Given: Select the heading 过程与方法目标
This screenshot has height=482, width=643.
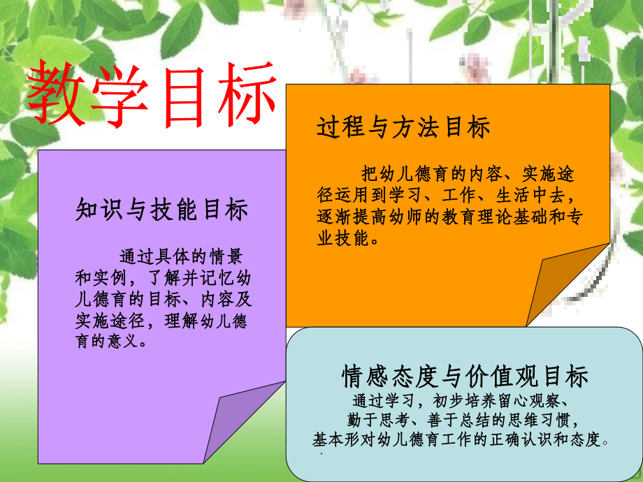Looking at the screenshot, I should point(403,127).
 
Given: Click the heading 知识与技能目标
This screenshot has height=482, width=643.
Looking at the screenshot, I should point(162,210).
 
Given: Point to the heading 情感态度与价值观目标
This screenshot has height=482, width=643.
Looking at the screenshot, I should point(465,377).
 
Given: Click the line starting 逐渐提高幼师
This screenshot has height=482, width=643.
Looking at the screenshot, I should point(450,217).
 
